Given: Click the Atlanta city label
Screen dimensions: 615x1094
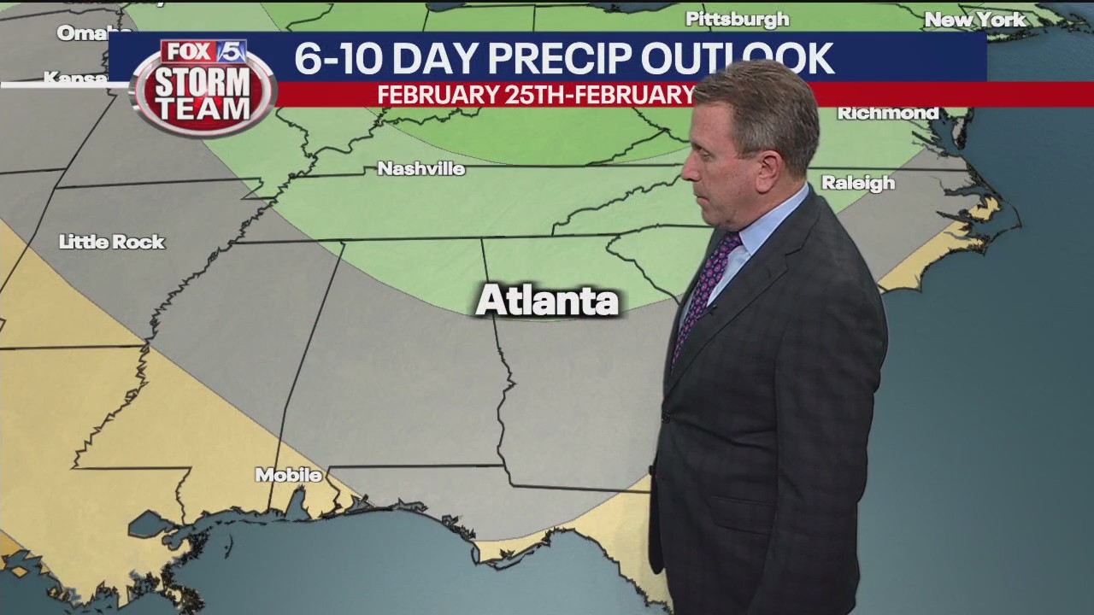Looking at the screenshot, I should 547,301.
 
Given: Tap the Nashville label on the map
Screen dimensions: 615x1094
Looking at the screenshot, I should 421,169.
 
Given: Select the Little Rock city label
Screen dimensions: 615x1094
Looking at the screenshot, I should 112,243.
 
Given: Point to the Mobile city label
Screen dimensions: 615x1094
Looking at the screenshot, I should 288,475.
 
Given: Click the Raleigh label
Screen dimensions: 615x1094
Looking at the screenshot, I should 857,183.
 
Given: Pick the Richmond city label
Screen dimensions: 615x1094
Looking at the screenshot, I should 887,113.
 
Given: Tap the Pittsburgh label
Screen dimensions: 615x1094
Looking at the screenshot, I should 737,19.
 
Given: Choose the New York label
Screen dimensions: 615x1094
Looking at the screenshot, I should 975,20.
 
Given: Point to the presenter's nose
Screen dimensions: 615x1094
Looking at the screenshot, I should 687,172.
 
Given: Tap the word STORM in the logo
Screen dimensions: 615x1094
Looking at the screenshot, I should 202,83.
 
